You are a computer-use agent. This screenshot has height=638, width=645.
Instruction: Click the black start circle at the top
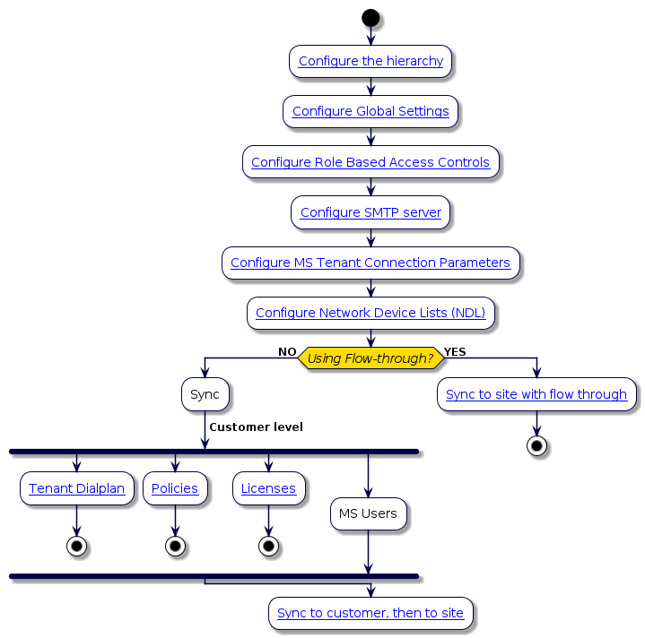[x=370, y=17]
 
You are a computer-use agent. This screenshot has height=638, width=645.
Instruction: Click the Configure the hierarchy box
[x=370, y=61]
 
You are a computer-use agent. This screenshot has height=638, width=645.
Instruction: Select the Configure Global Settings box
[x=370, y=111]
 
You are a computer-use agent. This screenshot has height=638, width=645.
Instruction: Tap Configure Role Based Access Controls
[x=370, y=162]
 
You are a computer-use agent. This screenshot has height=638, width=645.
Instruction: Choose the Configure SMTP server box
[x=370, y=212]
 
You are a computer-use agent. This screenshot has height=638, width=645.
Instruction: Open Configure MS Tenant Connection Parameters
[x=370, y=263]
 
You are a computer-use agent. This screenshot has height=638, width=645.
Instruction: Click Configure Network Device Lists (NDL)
[x=370, y=313]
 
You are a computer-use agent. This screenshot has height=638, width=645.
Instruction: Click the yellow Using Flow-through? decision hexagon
[x=370, y=358]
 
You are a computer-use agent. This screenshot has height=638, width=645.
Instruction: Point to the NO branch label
[x=287, y=352]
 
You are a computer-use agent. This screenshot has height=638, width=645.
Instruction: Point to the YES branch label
[x=455, y=352]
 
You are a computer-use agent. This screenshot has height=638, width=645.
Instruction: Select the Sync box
[x=205, y=394]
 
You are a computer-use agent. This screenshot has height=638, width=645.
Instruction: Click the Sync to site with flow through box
[x=536, y=394]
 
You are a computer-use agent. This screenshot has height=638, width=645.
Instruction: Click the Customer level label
[x=256, y=427]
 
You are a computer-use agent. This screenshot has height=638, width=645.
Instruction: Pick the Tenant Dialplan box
[x=76, y=488]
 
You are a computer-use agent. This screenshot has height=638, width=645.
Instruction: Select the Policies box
[x=175, y=488]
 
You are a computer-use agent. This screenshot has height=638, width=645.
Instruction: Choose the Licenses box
[x=268, y=488]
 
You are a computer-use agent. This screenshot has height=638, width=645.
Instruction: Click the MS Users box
[x=368, y=514]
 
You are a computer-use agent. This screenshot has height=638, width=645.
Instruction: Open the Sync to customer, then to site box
[x=370, y=613]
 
